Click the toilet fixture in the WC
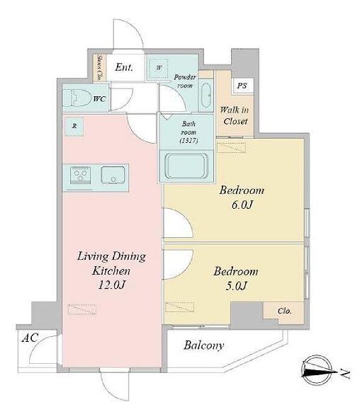pyautogui.click(x=75, y=98)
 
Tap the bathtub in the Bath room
pyautogui.click(x=187, y=166)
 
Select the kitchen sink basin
pyautogui.click(x=113, y=176)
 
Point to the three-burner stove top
pyautogui.click(x=80, y=175)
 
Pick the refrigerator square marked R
pyautogui.click(x=74, y=127)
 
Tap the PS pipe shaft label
pyautogui.click(x=242, y=86)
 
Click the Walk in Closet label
pyautogui.click(x=235, y=115)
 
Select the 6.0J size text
pyautogui.click(x=242, y=205)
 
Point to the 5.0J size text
pyautogui.click(x=236, y=286)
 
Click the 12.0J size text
pyautogui.click(x=112, y=285)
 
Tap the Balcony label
pyautogui.click(x=204, y=345)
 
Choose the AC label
pyautogui.click(x=30, y=338)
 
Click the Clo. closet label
pyautogui.click(x=285, y=311)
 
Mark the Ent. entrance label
pyautogui.click(x=124, y=67)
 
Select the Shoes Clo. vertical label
pyautogui.click(x=99, y=67)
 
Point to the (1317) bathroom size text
pyautogui.click(x=189, y=141)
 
